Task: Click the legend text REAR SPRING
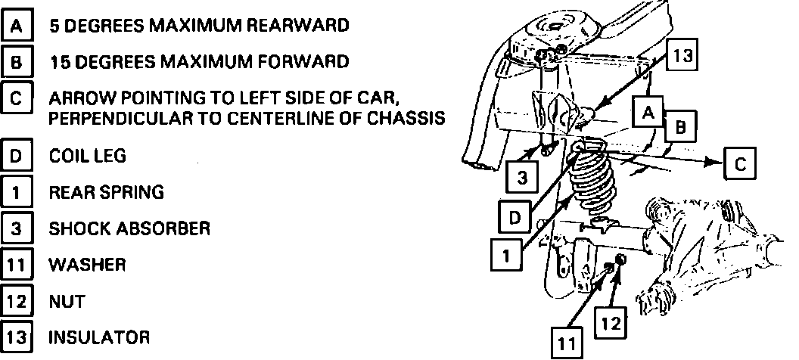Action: [106, 192]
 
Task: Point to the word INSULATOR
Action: [99, 337]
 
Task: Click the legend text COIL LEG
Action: [87, 156]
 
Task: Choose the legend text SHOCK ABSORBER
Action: [129, 228]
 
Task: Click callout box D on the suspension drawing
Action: [514, 218]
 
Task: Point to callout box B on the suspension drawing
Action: [679, 129]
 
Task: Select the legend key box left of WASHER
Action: [17, 265]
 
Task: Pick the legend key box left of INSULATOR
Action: [17, 337]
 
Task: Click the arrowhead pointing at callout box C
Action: [714, 162]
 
